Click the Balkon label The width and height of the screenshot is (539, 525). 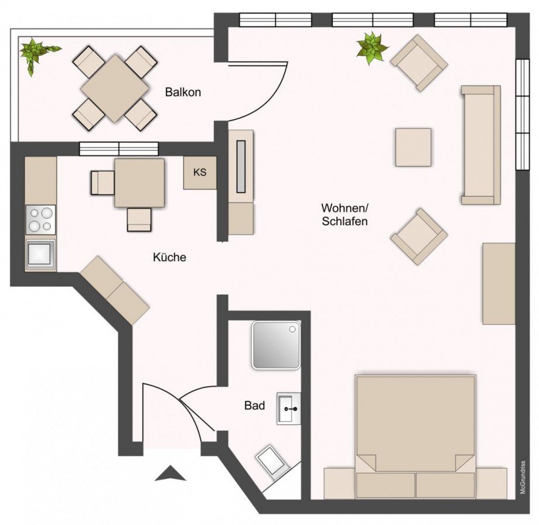click(x=183, y=92)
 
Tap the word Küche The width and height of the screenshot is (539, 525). click(x=169, y=256)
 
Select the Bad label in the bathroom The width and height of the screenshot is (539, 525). click(x=255, y=406)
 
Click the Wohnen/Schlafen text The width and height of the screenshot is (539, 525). click(x=344, y=215)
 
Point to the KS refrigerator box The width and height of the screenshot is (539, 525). click(x=200, y=173)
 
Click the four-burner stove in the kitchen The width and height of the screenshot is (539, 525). click(x=40, y=220)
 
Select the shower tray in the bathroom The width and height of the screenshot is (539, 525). click(x=276, y=345)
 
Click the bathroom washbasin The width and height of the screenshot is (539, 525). click(x=288, y=408)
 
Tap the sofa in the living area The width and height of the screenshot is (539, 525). click(x=480, y=145)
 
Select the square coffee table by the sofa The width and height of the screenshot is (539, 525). click(x=413, y=147)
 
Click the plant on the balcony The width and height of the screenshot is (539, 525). click(x=35, y=52)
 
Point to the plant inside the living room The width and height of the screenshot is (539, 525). click(x=372, y=48)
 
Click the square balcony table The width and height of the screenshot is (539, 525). click(x=115, y=88)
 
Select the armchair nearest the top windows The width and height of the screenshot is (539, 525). click(x=419, y=63)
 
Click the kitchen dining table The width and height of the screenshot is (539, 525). click(x=139, y=183)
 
